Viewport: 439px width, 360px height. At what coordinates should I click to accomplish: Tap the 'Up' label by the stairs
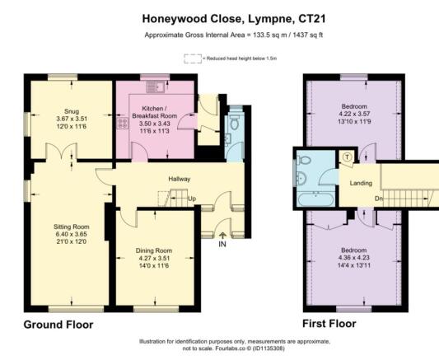pos(192,199)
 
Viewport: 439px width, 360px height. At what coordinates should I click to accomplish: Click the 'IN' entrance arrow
pos(222,243)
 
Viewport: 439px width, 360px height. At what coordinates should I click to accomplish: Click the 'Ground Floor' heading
pos(58,325)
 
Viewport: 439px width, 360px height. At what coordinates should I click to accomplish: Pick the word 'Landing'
pos(361,183)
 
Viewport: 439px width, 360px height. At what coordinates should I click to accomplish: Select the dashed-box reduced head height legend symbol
pos(193,58)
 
